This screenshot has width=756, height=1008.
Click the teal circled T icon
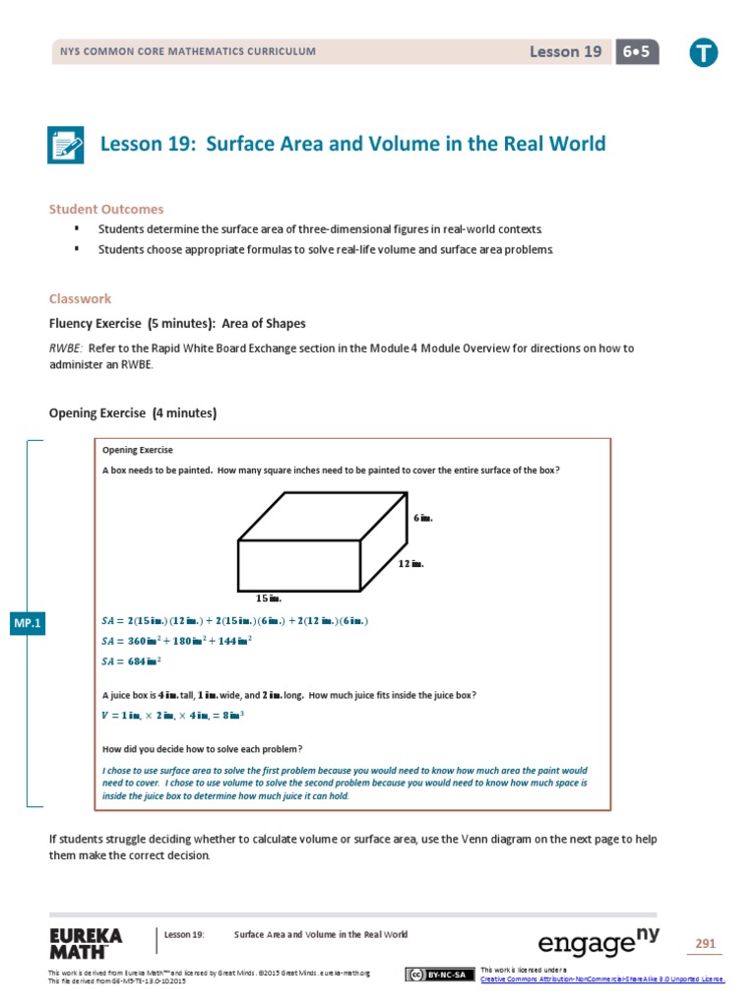click(x=703, y=53)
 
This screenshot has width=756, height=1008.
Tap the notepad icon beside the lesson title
click(x=67, y=145)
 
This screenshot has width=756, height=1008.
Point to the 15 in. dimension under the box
click(x=269, y=598)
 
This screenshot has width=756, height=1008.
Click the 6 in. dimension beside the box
click(x=422, y=517)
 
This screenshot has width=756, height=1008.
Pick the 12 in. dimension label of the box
click(x=411, y=564)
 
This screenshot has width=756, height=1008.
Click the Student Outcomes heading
click(x=106, y=209)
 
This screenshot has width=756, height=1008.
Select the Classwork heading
click(x=80, y=298)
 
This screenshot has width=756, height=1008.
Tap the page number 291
click(x=705, y=944)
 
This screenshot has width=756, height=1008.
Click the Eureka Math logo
click(x=86, y=943)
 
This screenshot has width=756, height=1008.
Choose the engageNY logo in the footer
click(x=598, y=942)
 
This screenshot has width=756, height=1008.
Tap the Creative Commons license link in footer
click(x=601, y=978)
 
